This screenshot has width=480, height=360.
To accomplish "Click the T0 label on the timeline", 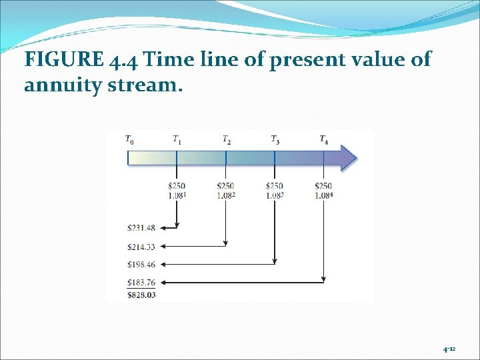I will point(129,140).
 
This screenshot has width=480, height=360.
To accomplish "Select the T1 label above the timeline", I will point(177,140).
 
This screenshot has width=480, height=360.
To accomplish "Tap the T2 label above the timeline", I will point(227,140).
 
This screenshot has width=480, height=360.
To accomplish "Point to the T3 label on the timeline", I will point(275,140).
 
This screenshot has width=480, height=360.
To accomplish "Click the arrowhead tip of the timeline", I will point(356,159).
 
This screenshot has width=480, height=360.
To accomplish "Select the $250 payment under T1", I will point(177,186).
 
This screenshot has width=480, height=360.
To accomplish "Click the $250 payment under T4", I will point(323,186).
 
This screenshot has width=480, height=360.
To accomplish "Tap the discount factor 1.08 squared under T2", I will point(227,195).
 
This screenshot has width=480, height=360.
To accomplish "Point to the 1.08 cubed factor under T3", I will point(275,195).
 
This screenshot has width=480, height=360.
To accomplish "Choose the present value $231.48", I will point(141,228).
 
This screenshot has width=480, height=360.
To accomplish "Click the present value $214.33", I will point(141,247).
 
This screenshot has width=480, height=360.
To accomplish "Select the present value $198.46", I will point(141,265).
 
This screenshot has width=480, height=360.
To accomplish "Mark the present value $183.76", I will point(141,283).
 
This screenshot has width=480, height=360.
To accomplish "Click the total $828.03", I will point(141,294).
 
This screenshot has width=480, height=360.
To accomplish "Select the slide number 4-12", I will point(449,349).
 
